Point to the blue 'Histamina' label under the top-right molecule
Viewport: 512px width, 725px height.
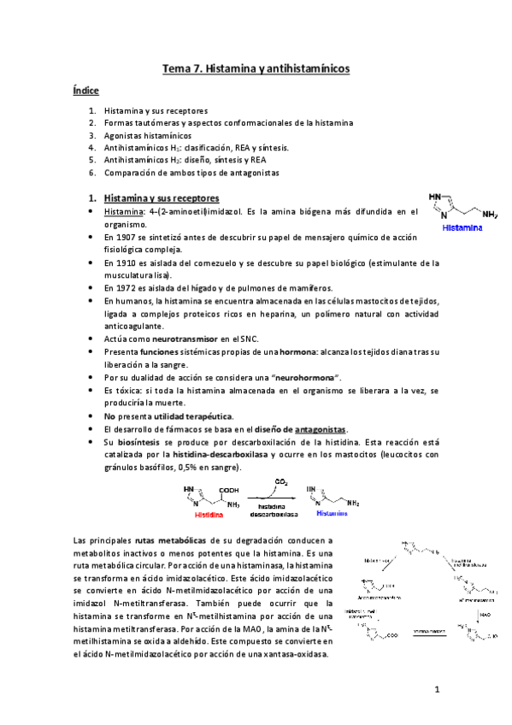point(462,228)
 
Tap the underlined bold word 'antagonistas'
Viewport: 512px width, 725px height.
point(320,428)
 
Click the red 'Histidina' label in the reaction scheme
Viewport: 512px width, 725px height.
point(209,516)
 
